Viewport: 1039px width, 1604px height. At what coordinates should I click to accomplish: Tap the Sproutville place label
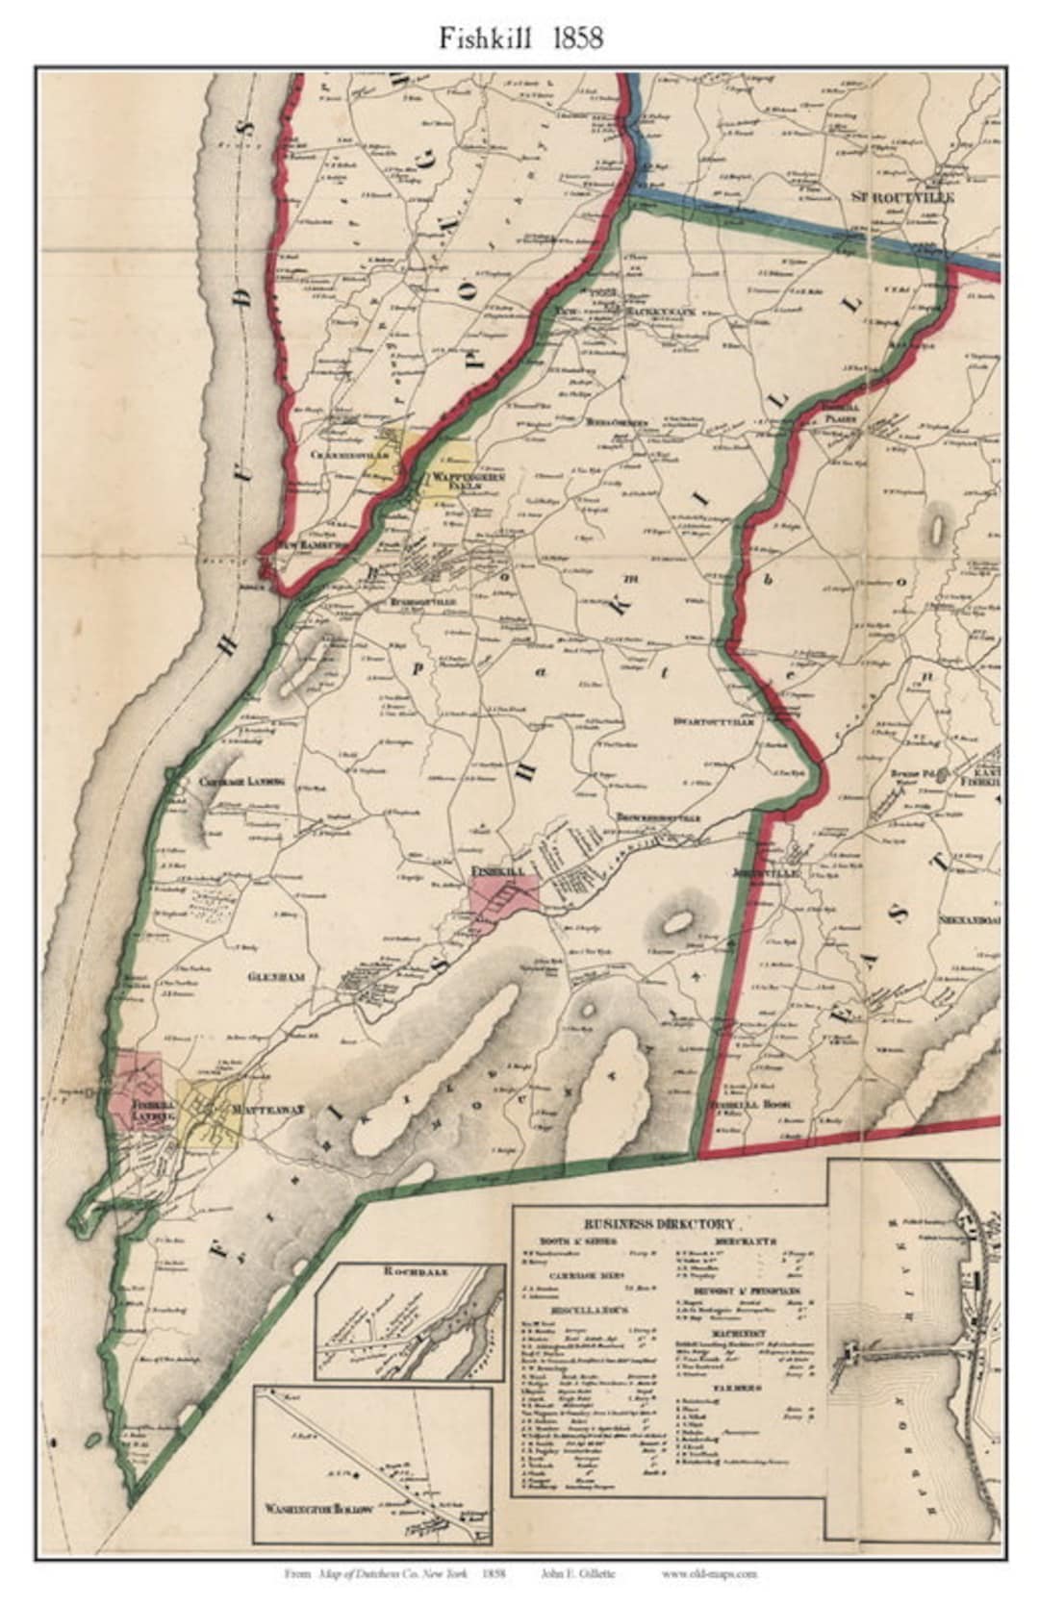click(x=900, y=196)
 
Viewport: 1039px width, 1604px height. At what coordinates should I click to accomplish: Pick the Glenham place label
click(x=276, y=976)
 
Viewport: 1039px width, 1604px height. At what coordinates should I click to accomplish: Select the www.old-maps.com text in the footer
click(x=722, y=1574)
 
